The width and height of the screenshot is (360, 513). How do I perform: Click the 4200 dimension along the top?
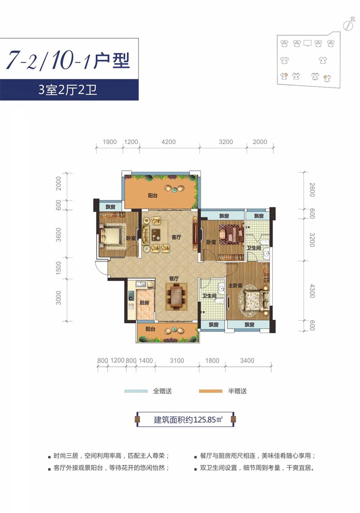coord(168,142)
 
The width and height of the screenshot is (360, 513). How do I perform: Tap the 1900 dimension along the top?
coord(109,142)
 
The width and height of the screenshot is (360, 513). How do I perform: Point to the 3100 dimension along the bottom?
coord(177,360)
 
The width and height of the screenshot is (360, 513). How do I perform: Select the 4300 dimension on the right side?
coord(312,291)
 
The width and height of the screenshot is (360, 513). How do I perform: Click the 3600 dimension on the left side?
coord(58,235)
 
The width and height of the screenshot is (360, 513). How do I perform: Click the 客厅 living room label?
coord(176,237)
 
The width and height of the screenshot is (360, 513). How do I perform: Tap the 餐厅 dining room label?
coord(174,278)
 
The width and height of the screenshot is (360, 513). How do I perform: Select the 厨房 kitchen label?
coord(144,303)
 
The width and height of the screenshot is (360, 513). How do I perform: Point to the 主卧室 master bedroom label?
coord(235,286)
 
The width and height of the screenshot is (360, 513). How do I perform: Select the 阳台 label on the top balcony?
coord(153,195)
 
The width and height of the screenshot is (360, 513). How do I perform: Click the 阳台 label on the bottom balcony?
coord(150,329)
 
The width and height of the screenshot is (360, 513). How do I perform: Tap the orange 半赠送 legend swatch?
coord(211,391)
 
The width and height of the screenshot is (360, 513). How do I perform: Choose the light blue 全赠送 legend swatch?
coord(136,391)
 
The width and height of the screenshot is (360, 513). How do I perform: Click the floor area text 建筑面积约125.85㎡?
coord(189,419)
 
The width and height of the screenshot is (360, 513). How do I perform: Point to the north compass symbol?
coord(349,24)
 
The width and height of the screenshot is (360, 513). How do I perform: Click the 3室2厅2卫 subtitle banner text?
coord(67,90)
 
